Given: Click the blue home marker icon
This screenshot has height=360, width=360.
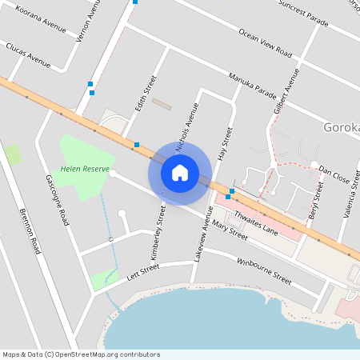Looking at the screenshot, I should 180,172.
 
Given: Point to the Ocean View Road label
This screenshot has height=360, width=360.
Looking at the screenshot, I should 265,42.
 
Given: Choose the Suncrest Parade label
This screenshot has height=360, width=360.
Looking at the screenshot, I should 303,12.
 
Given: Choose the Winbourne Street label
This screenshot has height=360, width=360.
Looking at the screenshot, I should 265,271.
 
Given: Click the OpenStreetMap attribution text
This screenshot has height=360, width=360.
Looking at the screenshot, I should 81,354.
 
